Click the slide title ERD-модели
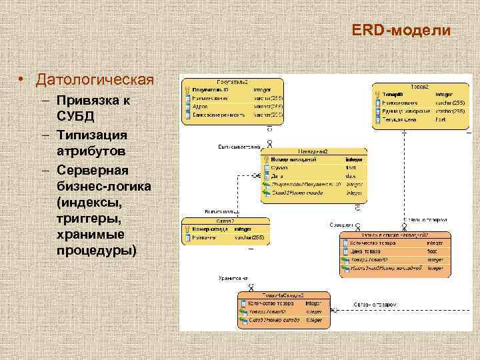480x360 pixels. click(x=401, y=31)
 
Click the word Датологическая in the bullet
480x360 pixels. click(x=95, y=81)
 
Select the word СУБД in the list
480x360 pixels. click(x=75, y=116)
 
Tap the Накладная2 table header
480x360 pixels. click(x=313, y=151)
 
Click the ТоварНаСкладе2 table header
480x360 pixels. click(x=283, y=295)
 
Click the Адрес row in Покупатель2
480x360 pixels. click(x=200, y=106)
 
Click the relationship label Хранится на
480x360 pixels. click(x=233, y=278)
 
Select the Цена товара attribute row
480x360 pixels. click(x=366, y=251)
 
